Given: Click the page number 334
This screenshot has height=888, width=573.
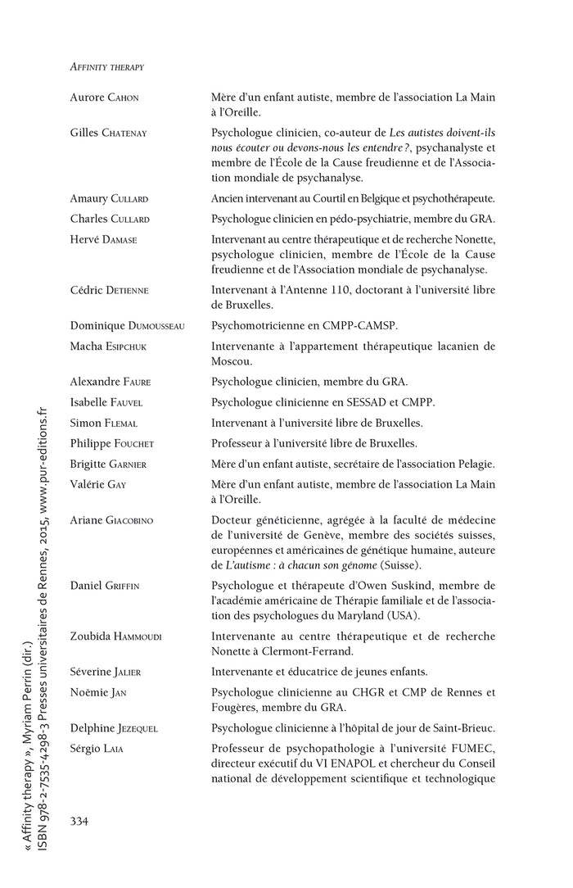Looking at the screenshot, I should click(80, 821).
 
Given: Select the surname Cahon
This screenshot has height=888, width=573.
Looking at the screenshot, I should click(123, 97).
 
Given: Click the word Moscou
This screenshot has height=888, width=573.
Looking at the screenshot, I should click(232, 360).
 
